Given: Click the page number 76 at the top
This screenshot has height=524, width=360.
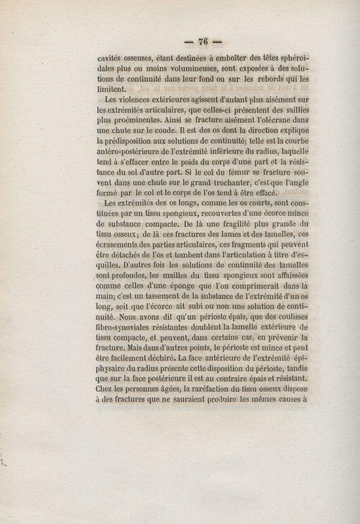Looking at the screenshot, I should click(202, 41).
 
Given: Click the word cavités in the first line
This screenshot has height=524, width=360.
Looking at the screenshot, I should click(110, 59).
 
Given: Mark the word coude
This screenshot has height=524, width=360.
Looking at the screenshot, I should click(163, 131).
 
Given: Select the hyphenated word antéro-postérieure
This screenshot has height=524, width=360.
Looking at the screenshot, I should click(131, 152).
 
